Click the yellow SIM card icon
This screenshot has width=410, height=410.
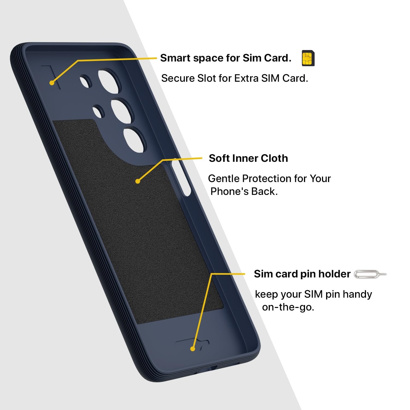click(x=308, y=58)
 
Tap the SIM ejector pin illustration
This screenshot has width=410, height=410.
click(x=370, y=274)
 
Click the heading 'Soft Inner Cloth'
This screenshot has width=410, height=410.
click(x=248, y=158)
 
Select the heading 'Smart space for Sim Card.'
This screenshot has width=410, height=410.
click(x=226, y=58)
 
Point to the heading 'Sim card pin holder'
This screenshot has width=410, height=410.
click(x=302, y=274)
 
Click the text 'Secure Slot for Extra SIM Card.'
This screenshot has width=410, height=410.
click(x=235, y=78)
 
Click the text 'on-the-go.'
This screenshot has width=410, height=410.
click(x=288, y=307)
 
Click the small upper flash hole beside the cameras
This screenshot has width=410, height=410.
click(x=86, y=81)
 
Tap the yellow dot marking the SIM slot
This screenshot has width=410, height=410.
click(x=52, y=82)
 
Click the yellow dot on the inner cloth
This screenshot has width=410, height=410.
click(x=138, y=181)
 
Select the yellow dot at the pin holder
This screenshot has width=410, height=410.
click(x=193, y=349)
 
